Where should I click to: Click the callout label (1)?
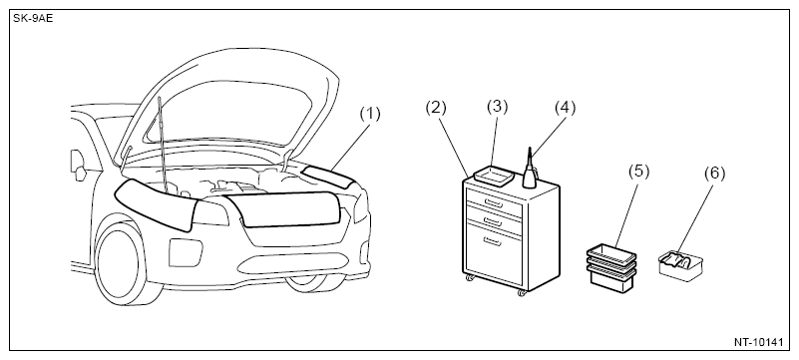click(370, 115)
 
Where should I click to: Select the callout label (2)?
click(436, 109)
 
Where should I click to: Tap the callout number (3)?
click(498, 107)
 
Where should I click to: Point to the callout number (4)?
click(565, 108)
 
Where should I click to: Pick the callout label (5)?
click(639, 172)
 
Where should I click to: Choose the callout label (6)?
click(714, 174)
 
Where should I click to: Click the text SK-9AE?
click(33, 19)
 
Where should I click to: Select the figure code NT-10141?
click(758, 342)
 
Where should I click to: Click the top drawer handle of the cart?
click(495, 203)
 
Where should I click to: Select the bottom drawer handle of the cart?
click(492, 241)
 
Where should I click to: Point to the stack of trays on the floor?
click(611, 266)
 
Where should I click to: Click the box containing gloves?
click(680, 265)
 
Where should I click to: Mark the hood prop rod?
click(163, 146)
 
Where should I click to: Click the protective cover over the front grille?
click(283, 208)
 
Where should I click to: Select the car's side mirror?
click(79, 165)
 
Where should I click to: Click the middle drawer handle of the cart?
click(493, 220)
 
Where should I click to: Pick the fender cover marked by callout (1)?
click(327, 176)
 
